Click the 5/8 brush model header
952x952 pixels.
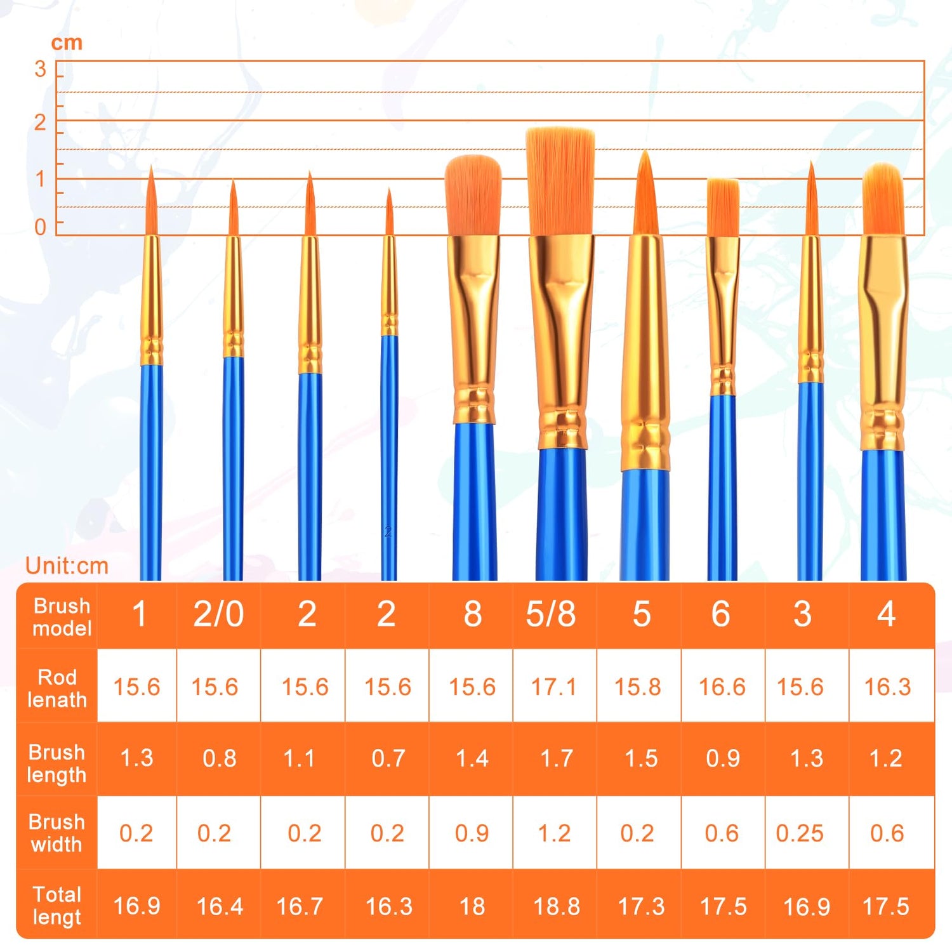point(551,614)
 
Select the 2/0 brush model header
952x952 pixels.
point(218,614)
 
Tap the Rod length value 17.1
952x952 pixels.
point(553,687)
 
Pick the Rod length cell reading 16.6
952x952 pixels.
point(722,687)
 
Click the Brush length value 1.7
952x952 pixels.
point(557,758)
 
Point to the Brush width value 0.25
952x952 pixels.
point(800,833)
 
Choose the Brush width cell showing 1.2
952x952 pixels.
point(554,833)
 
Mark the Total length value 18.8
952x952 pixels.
point(557,906)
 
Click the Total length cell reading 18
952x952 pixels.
point(472,906)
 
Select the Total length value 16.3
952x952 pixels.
point(388,906)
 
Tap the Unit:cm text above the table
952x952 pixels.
point(67,565)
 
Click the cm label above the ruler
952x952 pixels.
point(67,43)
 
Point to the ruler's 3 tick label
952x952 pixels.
point(40,69)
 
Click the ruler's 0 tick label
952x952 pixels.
point(40,227)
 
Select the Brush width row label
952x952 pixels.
point(56,833)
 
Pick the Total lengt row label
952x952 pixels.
point(56,906)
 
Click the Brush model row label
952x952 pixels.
point(62,617)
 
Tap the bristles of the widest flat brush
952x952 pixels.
point(560,181)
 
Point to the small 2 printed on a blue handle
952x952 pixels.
point(388,532)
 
